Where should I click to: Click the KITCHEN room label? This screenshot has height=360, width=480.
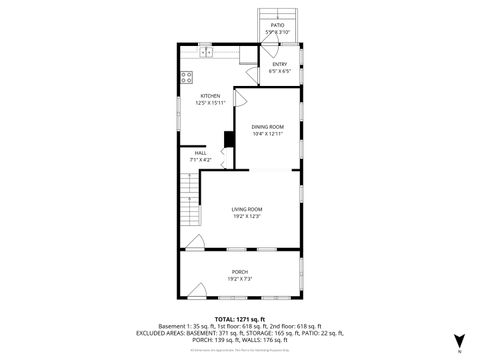click(196, 96)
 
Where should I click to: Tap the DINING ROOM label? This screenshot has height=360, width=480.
click(267, 127)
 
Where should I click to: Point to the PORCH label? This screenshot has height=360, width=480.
click(240, 271)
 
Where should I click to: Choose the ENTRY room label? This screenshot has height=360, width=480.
click(279, 64)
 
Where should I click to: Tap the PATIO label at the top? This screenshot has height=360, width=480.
click(277, 25)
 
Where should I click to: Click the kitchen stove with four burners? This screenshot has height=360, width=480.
click(187, 77)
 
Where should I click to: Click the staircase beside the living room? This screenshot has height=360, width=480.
click(188, 200)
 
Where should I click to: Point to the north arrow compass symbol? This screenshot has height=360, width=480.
click(458, 341)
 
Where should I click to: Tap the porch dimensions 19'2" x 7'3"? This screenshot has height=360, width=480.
click(240, 278)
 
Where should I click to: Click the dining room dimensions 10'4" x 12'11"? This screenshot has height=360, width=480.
click(267, 134)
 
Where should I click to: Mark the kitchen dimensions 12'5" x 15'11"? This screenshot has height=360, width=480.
click(196, 103)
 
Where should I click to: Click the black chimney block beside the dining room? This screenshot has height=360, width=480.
click(228, 139)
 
